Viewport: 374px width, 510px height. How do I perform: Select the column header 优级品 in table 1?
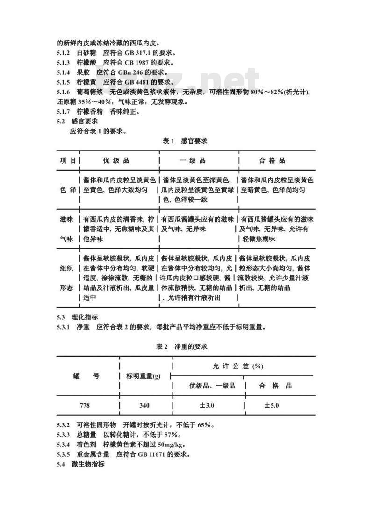116,161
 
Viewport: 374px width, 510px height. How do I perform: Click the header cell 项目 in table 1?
68,161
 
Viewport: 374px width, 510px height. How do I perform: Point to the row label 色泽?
68,190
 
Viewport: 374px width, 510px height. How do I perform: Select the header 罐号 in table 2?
86,376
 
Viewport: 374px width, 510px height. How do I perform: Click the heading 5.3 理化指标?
78,317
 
